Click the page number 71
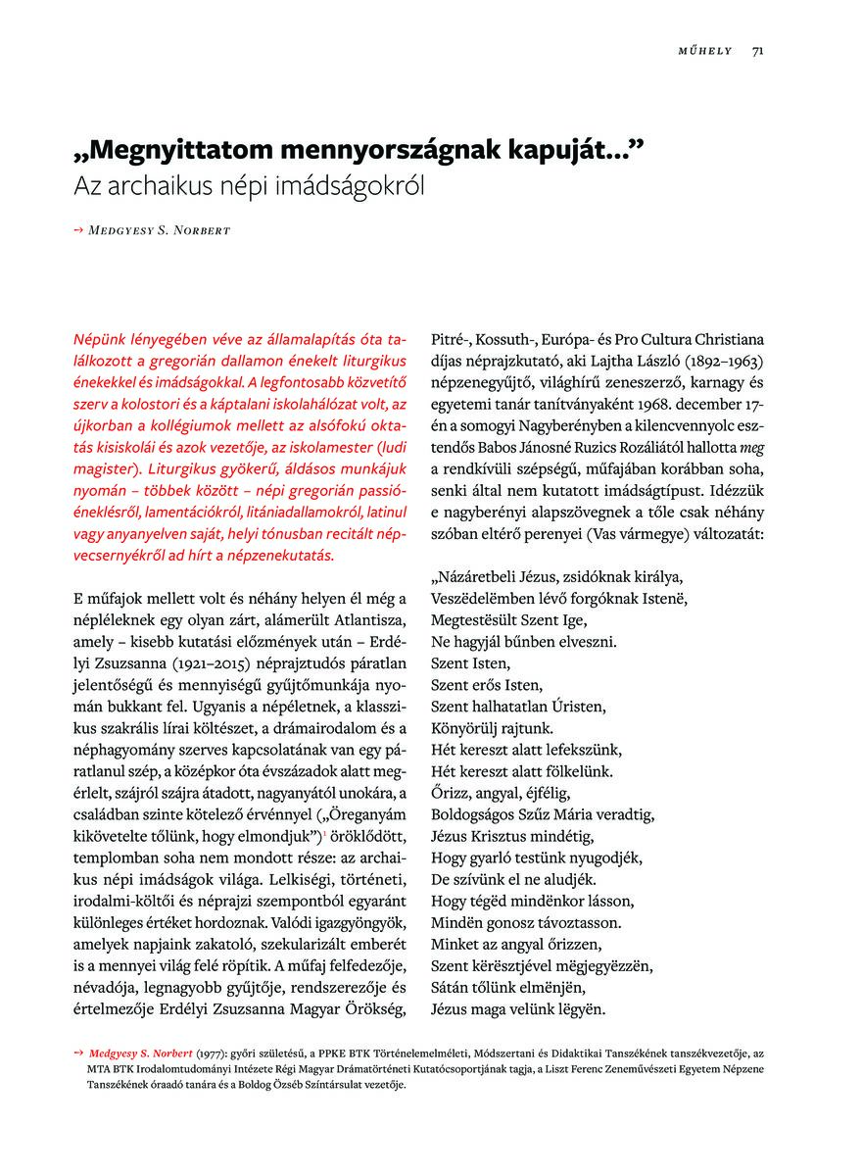point(758,51)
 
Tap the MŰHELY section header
point(705,51)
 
